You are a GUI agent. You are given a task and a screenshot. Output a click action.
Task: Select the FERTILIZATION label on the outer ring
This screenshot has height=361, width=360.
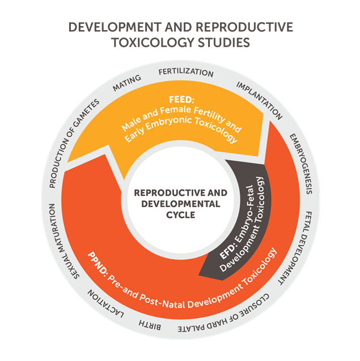click(x=186, y=73)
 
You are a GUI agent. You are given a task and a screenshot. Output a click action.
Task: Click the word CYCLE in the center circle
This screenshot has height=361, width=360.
click(x=180, y=215)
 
